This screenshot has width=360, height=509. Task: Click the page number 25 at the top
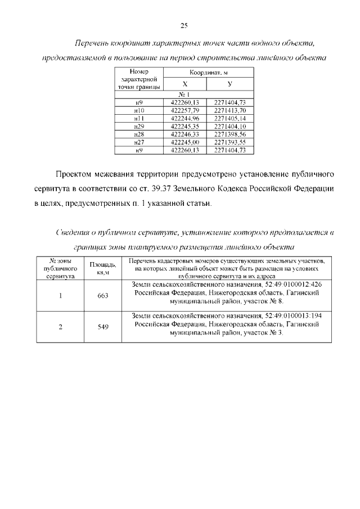(x=183, y=25)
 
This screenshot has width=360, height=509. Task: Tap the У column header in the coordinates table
(x=230, y=83)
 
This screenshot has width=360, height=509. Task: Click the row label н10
(x=139, y=111)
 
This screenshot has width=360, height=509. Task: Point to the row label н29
(x=139, y=127)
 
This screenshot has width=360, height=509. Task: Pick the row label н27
(x=139, y=142)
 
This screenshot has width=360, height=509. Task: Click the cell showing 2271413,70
(x=230, y=111)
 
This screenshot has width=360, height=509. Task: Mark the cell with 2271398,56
(x=230, y=134)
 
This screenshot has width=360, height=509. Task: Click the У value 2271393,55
(x=230, y=142)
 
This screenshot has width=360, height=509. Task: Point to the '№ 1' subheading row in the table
(x=184, y=94)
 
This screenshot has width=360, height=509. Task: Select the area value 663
(x=103, y=296)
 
